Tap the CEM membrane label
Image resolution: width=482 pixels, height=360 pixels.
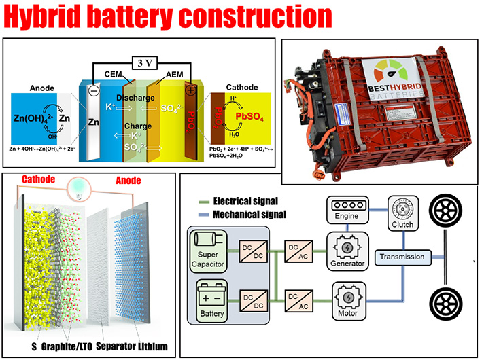click(113, 73)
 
